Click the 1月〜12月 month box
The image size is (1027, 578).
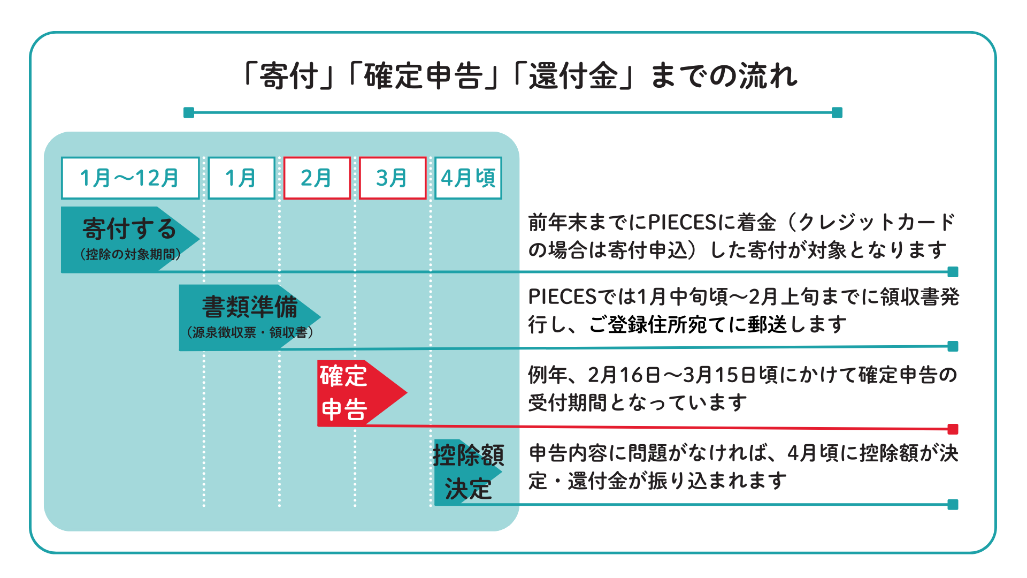click(130, 178)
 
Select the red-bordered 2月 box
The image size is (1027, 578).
click(317, 178)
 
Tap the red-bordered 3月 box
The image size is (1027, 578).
click(392, 178)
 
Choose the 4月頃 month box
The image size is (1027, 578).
click(468, 178)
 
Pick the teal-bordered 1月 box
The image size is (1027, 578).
click(241, 178)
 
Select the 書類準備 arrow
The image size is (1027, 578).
click(249, 317)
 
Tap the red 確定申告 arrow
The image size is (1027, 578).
click(358, 393)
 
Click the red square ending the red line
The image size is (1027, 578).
click(953, 429)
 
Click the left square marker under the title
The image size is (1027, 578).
click(189, 112)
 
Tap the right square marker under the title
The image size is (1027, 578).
click(837, 112)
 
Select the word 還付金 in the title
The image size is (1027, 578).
click(573, 76)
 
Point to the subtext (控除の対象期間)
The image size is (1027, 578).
click(130, 254)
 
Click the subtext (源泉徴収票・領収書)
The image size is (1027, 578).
click(250, 332)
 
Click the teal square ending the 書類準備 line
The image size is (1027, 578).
click(953, 346)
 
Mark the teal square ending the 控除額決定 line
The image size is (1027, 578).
click(953, 505)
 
